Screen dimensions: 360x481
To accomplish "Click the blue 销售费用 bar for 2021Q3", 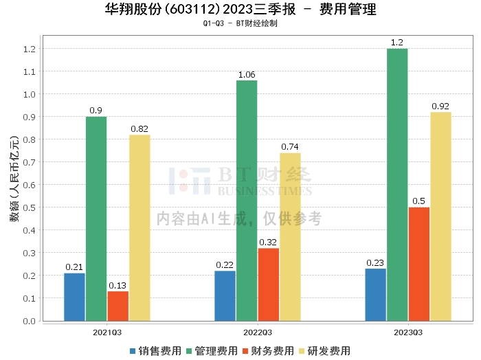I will (x=74, y=297).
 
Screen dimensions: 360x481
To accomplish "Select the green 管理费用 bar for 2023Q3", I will (x=397, y=185).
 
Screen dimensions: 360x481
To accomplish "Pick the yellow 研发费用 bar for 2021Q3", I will (x=139, y=228).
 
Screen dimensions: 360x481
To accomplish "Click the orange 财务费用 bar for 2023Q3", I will (x=419, y=264).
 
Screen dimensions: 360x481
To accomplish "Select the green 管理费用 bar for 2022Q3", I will (x=247, y=201).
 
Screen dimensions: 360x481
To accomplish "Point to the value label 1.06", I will (x=247, y=74).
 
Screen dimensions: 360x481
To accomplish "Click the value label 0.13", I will (x=118, y=285).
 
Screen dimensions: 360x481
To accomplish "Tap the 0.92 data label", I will (x=440, y=106).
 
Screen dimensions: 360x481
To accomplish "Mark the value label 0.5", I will (x=419, y=201).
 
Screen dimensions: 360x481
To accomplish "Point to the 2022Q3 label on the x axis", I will (x=258, y=332).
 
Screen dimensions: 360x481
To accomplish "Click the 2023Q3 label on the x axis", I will (x=408, y=332).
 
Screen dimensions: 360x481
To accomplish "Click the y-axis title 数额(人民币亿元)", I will (x=13, y=185).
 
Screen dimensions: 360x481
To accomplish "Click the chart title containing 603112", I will (x=240, y=10).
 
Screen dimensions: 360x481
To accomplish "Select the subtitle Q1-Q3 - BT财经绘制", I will (x=240, y=23).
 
